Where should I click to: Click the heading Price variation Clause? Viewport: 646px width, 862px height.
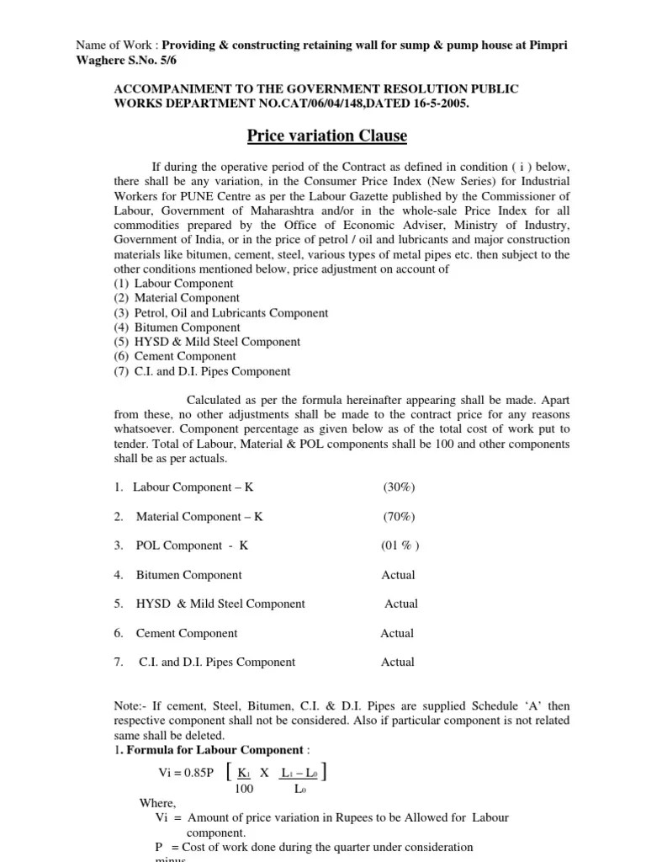(x=326, y=136)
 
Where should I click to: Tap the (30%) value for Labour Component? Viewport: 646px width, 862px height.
(x=399, y=487)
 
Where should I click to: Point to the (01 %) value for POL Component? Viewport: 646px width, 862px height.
(x=400, y=545)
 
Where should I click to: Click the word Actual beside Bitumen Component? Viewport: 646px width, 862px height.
(x=398, y=575)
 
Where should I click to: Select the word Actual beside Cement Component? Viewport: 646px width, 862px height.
(x=397, y=633)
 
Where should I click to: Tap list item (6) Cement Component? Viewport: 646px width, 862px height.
(x=175, y=357)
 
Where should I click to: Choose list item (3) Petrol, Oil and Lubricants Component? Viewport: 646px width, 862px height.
(x=220, y=312)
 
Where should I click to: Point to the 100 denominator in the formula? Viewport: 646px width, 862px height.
(x=244, y=789)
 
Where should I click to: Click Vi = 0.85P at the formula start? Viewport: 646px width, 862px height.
(x=186, y=773)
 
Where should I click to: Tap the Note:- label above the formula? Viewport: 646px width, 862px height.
(x=132, y=706)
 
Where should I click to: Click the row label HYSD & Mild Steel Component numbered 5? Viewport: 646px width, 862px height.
(x=220, y=604)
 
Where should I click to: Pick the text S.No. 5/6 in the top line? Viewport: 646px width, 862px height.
(x=156, y=61)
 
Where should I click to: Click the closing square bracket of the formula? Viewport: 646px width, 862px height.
(x=325, y=773)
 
